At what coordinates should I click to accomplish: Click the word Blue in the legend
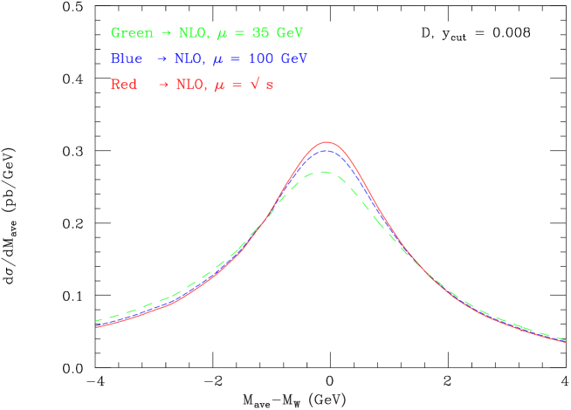[127, 59]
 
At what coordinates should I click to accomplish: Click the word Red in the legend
[123, 85]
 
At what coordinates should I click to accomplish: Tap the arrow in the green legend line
[165, 33]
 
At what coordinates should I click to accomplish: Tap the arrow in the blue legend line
[162, 59]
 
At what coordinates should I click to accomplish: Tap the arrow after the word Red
[162, 85]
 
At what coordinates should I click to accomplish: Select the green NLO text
[192, 33]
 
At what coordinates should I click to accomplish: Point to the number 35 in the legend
[259, 33]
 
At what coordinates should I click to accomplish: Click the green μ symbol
[221, 35]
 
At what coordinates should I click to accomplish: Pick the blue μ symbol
[220, 61]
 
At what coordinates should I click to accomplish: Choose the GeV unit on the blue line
[294, 59]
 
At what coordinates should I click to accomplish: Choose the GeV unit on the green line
[290, 33]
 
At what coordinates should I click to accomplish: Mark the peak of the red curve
[327, 141]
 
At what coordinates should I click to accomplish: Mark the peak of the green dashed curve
[324, 172]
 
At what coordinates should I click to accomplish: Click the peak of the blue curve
[326, 151]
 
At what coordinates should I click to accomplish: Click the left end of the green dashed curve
[96, 321]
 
